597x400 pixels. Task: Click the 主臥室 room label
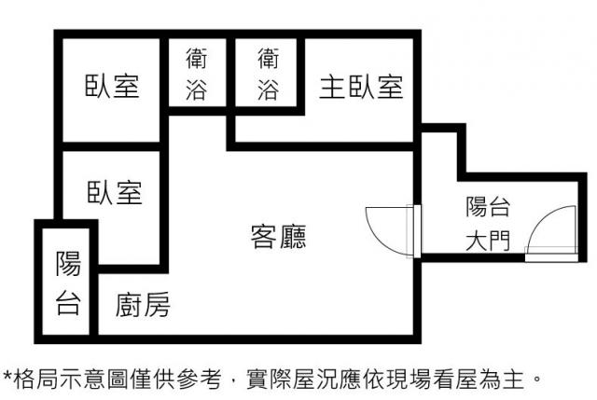(x=361, y=87)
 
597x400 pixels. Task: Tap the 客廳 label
(x=278, y=236)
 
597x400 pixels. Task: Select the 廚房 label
(x=143, y=305)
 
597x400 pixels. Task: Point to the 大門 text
(x=488, y=241)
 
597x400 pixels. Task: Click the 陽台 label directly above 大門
(x=488, y=207)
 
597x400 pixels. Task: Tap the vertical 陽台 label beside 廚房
(x=68, y=283)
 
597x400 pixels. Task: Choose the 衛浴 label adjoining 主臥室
(x=268, y=74)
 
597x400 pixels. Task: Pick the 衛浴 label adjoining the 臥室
(x=197, y=74)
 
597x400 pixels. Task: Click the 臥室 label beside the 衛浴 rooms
(x=112, y=86)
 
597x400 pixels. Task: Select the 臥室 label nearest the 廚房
(x=115, y=192)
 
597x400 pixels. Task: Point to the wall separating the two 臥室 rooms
(x=111, y=147)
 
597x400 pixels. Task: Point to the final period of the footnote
(x=537, y=379)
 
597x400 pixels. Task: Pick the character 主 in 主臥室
(x=332, y=87)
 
